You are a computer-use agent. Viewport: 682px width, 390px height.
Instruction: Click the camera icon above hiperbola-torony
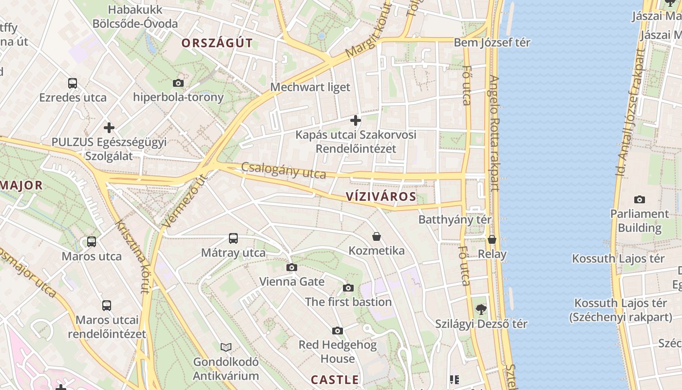178,83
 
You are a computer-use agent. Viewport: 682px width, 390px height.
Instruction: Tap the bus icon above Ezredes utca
73,83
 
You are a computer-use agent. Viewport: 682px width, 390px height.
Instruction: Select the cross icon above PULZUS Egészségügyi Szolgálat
109,128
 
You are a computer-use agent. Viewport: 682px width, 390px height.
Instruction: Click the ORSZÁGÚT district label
217,43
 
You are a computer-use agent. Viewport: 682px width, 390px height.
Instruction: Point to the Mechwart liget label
310,87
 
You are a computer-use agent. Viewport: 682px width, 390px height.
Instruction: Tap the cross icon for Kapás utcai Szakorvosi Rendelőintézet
356,120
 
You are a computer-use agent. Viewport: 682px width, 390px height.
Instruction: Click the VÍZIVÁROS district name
381,197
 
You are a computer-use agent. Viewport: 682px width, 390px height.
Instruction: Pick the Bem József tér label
492,42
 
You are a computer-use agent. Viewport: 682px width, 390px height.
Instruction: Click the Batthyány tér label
455,220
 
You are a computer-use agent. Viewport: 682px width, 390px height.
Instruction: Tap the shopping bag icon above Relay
492,239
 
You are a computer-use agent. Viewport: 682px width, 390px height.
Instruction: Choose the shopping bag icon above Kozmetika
377,236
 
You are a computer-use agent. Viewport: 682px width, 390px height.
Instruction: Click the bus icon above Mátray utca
233,238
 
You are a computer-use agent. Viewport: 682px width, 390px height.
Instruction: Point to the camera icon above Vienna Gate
292,267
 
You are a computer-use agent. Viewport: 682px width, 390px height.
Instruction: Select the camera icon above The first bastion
348,288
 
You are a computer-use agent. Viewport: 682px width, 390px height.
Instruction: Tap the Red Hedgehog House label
338,351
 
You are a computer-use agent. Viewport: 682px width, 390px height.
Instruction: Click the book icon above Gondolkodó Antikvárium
226,347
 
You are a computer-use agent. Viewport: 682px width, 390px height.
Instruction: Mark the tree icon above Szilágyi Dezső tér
481,309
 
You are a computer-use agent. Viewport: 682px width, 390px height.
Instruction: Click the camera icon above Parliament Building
640,199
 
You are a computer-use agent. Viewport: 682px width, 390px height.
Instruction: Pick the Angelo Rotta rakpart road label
494,133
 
